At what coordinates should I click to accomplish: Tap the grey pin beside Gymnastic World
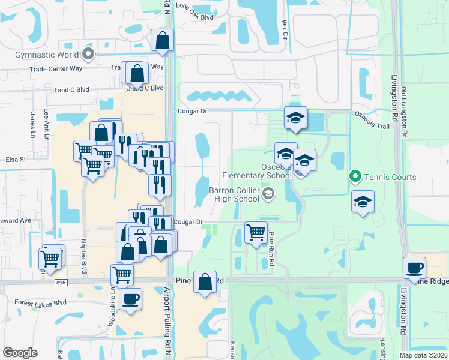pyautogui.click(x=89, y=55)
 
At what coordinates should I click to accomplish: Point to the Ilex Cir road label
pyautogui.click(x=285, y=29)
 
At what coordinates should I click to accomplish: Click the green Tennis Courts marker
pyautogui.click(x=355, y=177)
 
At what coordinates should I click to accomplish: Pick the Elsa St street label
pyautogui.click(x=15, y=160)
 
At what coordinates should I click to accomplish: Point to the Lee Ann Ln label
pyautogui.click(x=47, y=124)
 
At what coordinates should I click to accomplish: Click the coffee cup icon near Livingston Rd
pyautogui.click(x=414, y=267)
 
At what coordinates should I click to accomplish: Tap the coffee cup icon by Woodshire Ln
pyautogui.click(x=130, y=298)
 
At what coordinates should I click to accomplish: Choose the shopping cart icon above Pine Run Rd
pyautogui.click(x=256, y=232)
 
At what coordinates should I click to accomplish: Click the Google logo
pyautogui.click(x=20, y=353)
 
